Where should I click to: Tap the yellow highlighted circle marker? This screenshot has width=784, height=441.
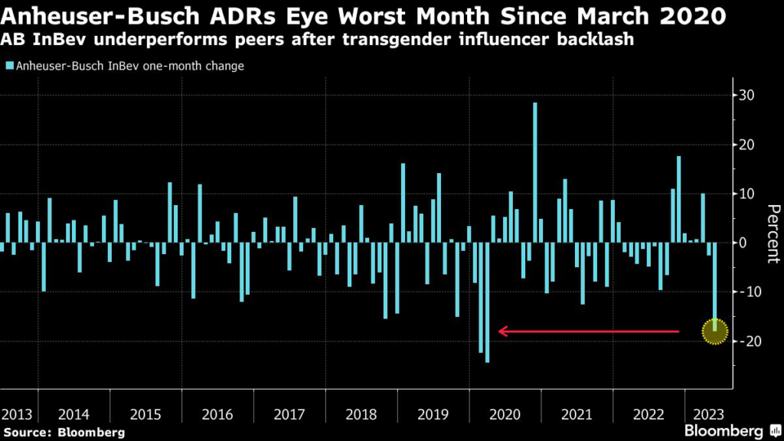point(715,332)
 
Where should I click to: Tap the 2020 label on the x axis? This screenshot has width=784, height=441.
point(505,414)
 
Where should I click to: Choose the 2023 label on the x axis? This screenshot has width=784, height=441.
point(710,414)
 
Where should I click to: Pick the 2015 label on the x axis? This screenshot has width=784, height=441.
point(145,414)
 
